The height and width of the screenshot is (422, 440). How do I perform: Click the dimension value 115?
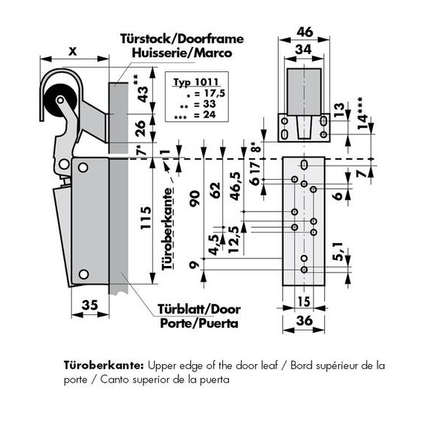coord(146,218)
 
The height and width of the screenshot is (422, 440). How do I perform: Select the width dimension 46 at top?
coord(305,32)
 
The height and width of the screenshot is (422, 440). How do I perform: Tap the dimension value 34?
coord(303,50)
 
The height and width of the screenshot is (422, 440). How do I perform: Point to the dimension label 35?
coord(90,305)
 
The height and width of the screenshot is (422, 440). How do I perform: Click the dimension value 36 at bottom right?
coord(304,320)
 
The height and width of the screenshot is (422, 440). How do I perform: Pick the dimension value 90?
coord(195,199)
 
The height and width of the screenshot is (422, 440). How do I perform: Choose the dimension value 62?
coord(216,190)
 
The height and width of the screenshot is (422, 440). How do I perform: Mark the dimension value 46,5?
coord(236,186)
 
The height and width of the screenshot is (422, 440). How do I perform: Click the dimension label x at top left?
coord(73,51)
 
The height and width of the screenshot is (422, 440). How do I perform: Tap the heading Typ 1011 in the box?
coord(196,82)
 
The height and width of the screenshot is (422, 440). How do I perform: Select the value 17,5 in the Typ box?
coord(214,93)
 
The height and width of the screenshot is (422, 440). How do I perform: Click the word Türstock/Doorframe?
coord(182,39)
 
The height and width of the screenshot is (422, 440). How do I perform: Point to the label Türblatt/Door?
coord(199,309)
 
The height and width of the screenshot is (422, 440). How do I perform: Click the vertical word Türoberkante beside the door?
coord(167,229)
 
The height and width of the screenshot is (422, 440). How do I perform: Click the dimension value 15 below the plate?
coord(304,302)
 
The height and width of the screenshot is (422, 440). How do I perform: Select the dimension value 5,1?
coord(339,251)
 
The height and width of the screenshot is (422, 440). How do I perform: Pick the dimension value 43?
coord(143,94)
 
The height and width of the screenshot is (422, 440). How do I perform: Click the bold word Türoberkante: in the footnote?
coord(104,366)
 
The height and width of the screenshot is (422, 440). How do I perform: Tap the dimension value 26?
coord(140,129)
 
